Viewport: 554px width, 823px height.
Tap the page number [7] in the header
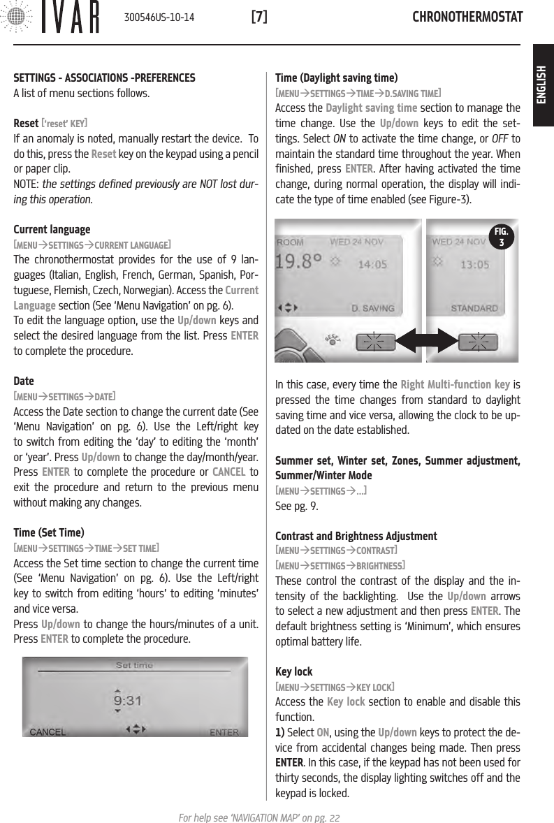pyautogui.click(x=258, y=17)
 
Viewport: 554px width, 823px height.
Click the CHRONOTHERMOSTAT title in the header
pyautogui.click(x=467, y=17)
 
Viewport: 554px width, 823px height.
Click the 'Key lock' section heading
pyautogui.click(x=294, y=672)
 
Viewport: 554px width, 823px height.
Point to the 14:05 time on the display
pyautogui.click(x=374, y=265)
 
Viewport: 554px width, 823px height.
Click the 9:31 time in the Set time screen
pyautogui.click(x=128, y=699)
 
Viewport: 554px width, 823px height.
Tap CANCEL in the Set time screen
pyautogui.click(x=48, y=732)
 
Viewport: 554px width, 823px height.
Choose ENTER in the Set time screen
pyautogui.click(x=224, y=732)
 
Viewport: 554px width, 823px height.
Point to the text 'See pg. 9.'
pyautogui.click(x=297, y=506)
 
